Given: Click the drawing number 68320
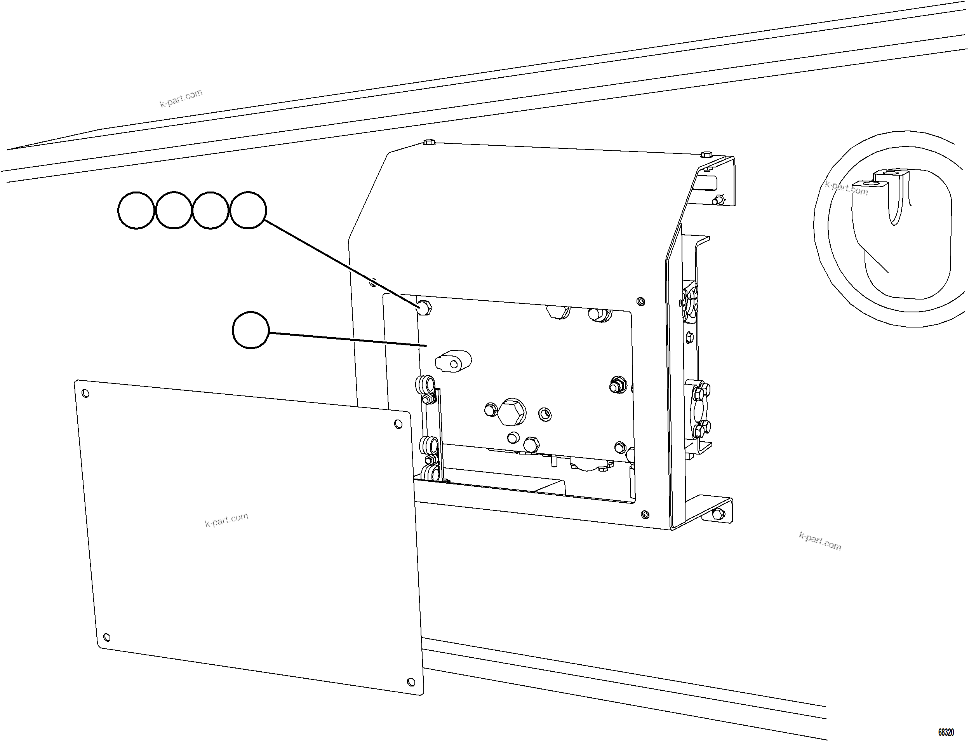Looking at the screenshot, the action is coord(946,732).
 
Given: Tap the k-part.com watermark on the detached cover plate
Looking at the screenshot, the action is coord(226,520).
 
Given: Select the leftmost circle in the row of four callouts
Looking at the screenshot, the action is coord(136,210).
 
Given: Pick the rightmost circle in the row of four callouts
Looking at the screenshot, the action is coord(248,210).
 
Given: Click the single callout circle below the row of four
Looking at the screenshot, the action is coord(250,330).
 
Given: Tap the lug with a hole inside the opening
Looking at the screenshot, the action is coord(453,361).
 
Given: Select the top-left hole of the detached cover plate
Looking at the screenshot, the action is coord(86,393).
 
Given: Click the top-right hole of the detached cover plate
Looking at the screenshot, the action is coord(398,424).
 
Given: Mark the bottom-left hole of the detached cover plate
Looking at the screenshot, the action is coord(106,637).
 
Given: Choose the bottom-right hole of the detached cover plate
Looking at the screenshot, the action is coord(411,681).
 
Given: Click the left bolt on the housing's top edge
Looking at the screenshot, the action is coord(429,143).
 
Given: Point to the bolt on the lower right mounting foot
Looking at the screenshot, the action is coord(718,513).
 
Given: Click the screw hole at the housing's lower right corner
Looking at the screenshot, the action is coord(645,514).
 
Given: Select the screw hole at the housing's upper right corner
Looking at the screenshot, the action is coord(641,302).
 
